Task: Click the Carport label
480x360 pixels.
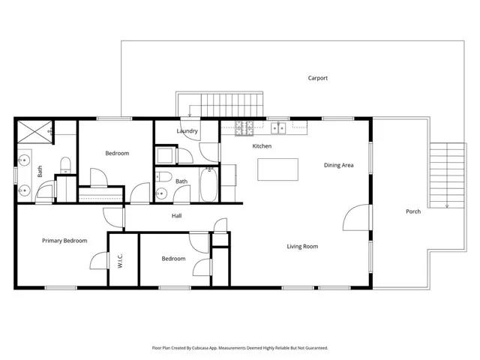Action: pyautogui.click(x=318, y=78)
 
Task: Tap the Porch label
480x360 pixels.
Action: pyautogui.click(x=413, y=211)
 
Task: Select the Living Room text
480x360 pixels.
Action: pyautogui.click(x=302, y=247)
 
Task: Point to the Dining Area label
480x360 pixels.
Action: pyautogui.click(x=338, y=165)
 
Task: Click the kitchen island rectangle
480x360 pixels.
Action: pyautogui.click(x=278, y=169)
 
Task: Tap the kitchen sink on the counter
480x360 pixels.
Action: pyautogui.click(x=278, y=128)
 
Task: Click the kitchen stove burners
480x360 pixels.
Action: pyautogui.click(x=244, y=128)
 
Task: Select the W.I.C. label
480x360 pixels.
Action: pyautogui.click(x=120, y=261)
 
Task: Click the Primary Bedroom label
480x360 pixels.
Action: pyautogui.click(x=64, y=241)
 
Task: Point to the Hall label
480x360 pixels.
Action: pyautogui.click(x=177, y=216)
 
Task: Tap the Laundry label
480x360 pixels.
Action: pyautogui.click(x=187, y=131)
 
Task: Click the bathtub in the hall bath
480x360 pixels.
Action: pyautogui.click(x=208, y=184)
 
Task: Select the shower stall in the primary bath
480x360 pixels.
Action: pyautogui.click(x=35, y=132)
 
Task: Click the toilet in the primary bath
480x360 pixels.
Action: pyautogui.click(x=65, y=165)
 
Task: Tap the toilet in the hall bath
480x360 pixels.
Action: pyautogui.click(x=163, y=177)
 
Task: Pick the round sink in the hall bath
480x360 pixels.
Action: pyautogui.click(x=161, y=193)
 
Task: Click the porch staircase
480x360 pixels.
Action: pyautogui.click(x=447, y=175)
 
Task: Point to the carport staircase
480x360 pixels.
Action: pyautogui.click(x=220, y=105)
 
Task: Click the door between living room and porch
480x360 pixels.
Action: pyautogui.click(x=357, y=217)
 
